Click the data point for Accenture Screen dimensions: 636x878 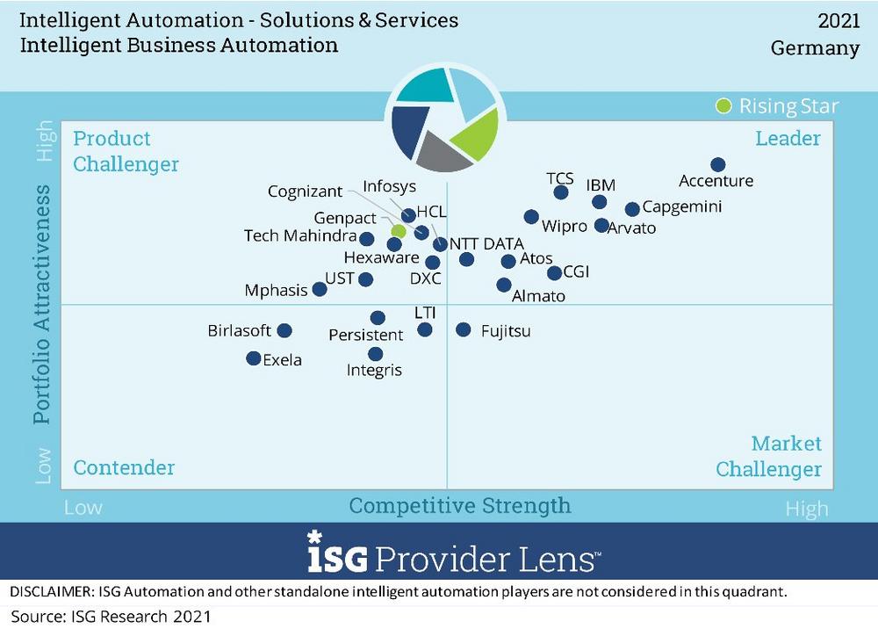(717, 164)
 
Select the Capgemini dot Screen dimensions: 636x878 (632, 209)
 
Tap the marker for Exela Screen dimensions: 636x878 (253, 358)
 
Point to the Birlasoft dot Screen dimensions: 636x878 (284, 331)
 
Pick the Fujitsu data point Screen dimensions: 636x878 (463, 329)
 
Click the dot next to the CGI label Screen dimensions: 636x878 (554, 273)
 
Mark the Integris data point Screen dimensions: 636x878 (376, 354)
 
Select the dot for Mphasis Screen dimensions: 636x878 (320, 289)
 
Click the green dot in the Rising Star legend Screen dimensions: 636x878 (723, 106)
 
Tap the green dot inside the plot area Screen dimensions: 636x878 (398, 230)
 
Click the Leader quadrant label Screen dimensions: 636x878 (788, 138)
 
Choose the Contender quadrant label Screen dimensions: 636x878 (124, 467)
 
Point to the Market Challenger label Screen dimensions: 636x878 (769, 457)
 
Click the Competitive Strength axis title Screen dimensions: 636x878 (459, 506)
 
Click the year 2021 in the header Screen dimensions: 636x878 (838, 20)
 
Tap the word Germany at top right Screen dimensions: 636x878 (815, 47)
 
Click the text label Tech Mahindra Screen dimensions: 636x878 (299, 236)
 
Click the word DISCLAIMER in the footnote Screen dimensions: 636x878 (53, 592)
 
